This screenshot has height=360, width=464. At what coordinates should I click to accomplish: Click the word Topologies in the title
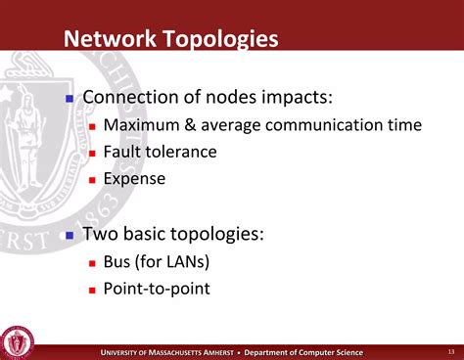pos(220,40)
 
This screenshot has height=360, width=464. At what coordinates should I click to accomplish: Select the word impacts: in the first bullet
pos(285,99)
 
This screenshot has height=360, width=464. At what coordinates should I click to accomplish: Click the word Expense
pos(134,179)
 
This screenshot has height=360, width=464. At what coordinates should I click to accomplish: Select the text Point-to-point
pos(157,289)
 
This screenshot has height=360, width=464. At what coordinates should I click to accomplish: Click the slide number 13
pos(438,352)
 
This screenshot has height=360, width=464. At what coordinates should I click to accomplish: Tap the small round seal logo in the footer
pos(18,341)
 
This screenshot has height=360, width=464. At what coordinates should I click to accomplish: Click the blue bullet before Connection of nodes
pos(70,100)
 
